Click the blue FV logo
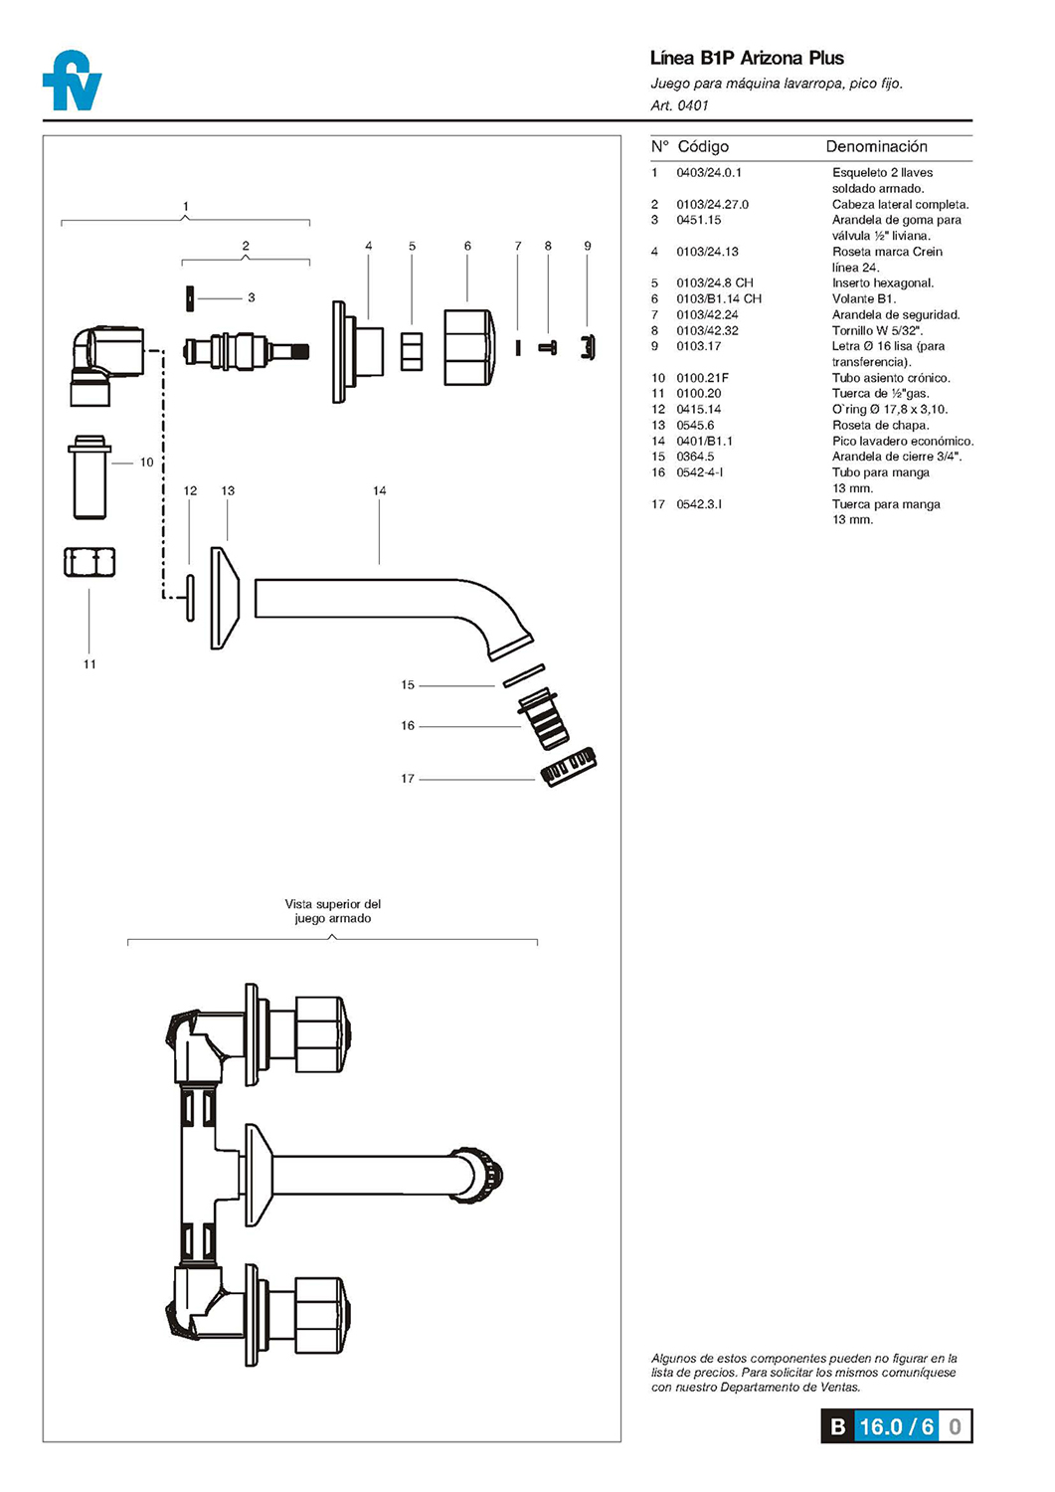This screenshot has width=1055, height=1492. pos(72,80)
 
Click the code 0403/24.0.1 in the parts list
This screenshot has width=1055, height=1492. pos(709,172)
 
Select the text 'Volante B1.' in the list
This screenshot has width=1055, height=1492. pos(864,299)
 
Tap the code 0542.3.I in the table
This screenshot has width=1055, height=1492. pos(699,504)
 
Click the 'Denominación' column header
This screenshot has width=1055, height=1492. pos(876,146)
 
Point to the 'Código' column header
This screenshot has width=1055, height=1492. pos(703,146)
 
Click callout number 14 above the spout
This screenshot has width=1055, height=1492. pos(379,490)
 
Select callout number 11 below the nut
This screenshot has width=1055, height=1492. pos(89,664)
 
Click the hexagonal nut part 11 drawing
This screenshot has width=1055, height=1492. pos(89,562)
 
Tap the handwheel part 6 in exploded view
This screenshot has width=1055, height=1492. pos(469,347)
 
